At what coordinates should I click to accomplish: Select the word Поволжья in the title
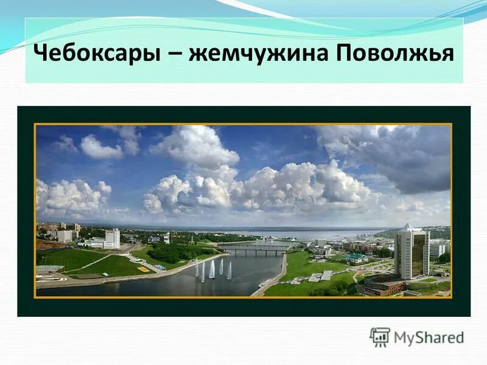coord(394,54)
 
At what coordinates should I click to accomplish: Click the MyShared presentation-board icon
coord(380,336)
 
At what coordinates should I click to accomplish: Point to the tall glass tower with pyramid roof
coord(412,252)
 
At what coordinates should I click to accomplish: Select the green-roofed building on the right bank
coord(356,257)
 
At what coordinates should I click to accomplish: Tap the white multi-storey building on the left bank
coord(112,238)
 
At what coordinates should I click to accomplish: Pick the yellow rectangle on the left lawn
coord(143,269)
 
